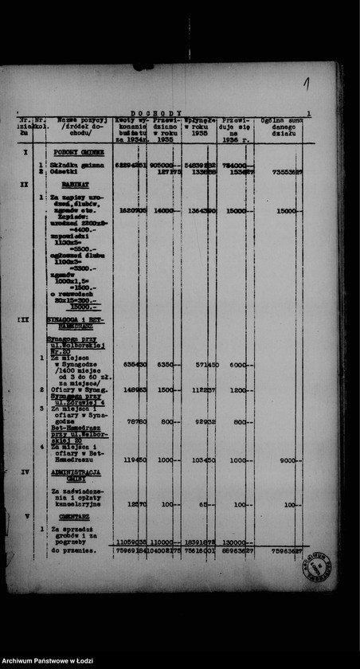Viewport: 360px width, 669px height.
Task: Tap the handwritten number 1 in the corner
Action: click(x=307, y=82)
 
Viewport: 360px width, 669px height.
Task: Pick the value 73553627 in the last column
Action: click(x=285, y=171)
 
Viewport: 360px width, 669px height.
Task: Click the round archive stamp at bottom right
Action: click(x=319, y=567)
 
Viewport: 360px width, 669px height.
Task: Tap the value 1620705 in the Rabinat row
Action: click(x=131, y=211)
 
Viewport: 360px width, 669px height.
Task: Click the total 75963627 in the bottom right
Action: click(x=285, y=550)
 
